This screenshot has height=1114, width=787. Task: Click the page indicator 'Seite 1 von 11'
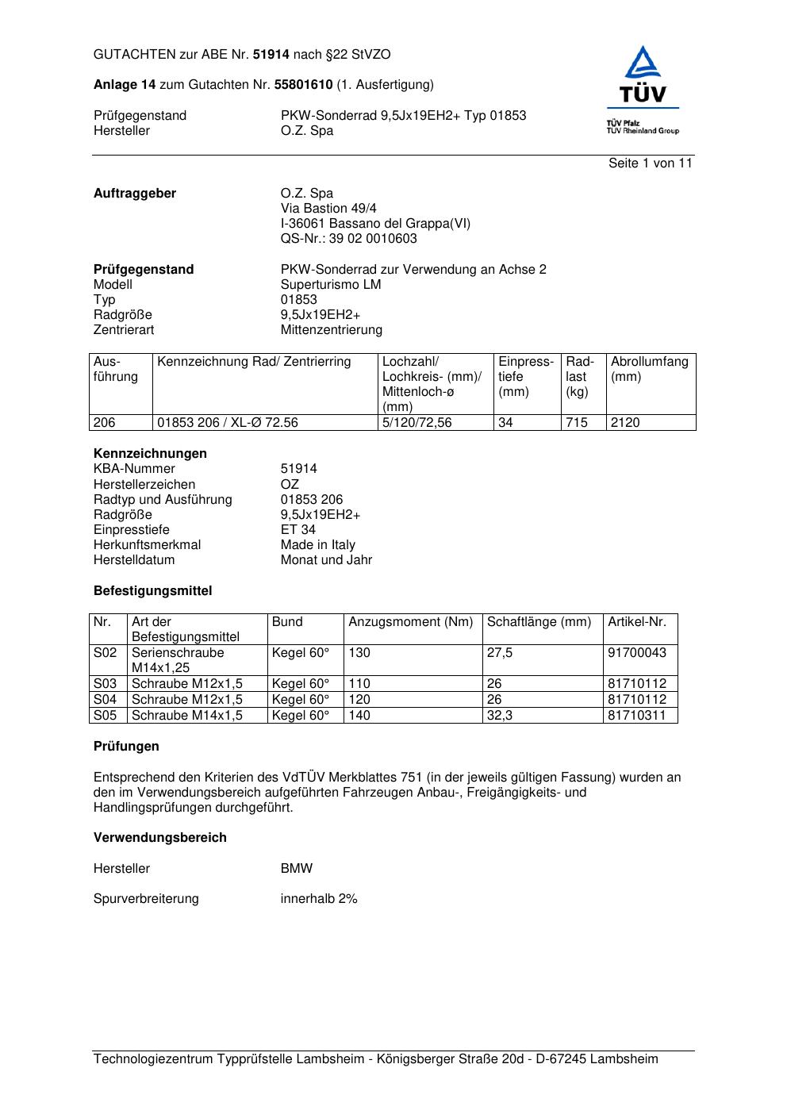[x=650, y=163]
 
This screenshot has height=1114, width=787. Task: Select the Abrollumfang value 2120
[x=625, y=423]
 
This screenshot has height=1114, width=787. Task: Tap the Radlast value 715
[x=577, y=423]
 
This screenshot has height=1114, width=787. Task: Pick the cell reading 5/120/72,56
[x=417, y=423]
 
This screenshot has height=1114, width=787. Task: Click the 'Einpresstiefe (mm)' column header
[x=525, y=377]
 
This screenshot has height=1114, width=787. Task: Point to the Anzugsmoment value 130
[x=359, y=653]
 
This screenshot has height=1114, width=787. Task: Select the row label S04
[x=106, y=700]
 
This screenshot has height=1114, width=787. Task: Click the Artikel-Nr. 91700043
[x=637, y=653]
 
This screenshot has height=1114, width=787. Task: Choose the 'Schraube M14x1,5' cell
[x=187, y=716]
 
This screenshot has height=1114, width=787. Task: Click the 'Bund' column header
[x=287, y=622]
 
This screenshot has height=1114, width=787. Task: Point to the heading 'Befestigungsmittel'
[x=152, y=591]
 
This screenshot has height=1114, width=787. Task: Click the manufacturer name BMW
[x=297, y=869]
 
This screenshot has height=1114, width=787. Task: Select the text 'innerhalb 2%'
[x=319, y=899]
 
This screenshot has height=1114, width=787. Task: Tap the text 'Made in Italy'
[x=317, y=545]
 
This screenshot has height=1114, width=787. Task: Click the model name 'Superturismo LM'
[x=331, y=285]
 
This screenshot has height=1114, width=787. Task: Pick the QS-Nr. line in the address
[x=348, y=239]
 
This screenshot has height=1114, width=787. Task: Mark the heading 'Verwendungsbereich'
[x=160, y=838]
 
